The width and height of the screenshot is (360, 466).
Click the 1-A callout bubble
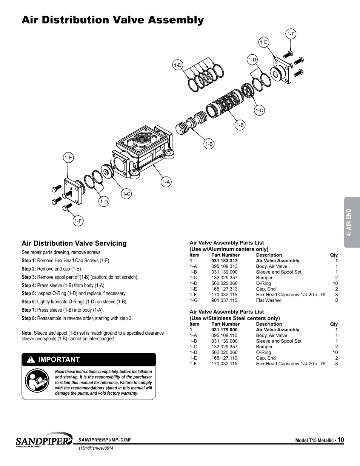pyautogui.click(x=166, y=182)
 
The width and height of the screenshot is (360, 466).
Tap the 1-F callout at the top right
pyautogui.click(x=291, y=34)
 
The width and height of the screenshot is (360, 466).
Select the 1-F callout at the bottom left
pyautogui.click(x=78, y=221)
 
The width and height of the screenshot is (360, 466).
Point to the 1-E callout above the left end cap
pyautogui.click(x=68, y=158)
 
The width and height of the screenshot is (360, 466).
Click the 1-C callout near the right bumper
pyautogui.click(x=259, y=111)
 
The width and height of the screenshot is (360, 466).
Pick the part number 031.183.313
pyautogui.click(x=225, y=261)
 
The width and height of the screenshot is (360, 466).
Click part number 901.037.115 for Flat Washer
pyautogui.click(x=225, y=300)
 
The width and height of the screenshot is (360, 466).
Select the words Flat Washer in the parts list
pyautogui.click(x=269, y=300)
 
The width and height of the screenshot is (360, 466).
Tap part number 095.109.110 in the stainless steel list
pyautogui.click(x=225, y=335)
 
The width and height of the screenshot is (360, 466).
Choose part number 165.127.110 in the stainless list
pyautogui.click(x=225, y=358)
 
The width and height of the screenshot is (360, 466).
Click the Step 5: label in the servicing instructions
pyautogui.click(x=29, y=294)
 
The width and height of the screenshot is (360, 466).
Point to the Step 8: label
pyautogui.click(x=29, y=318)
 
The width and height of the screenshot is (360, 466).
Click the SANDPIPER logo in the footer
pyautogui.click(x=43, y=440)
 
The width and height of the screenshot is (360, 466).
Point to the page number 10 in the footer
pyautogui.click(x=341, y=440)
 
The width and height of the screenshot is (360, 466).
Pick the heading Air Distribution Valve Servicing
pyautogui.click(x=74, y=243)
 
